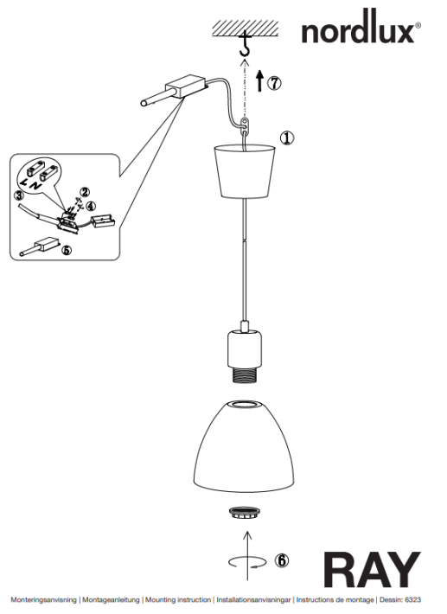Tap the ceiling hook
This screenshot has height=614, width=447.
tap(245, 44)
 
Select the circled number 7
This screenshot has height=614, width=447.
tap(274, 83)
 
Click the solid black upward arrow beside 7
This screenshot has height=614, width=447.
tap(259, 81)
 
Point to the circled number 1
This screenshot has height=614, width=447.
tap(287, 138)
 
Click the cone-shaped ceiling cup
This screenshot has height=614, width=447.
tap(244, 171)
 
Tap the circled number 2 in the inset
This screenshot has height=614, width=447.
tap(85, 192)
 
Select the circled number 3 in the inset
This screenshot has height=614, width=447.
tap(19, 195)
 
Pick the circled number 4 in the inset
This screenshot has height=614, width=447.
tap(91, 206)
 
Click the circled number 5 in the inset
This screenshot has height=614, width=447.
tap(67, 249)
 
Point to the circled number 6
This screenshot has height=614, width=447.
tap(282, 560)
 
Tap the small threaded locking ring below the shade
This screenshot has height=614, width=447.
tap(244, 513)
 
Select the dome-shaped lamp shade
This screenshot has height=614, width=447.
tap(244, 446)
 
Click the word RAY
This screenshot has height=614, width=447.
tap(372, 570)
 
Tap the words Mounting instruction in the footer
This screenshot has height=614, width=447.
tap(178, 599)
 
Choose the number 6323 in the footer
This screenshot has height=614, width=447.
tap(413, 599)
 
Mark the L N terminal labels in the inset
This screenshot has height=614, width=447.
tap(30, 184)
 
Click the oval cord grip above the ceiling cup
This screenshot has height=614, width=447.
tap(245, 125)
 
